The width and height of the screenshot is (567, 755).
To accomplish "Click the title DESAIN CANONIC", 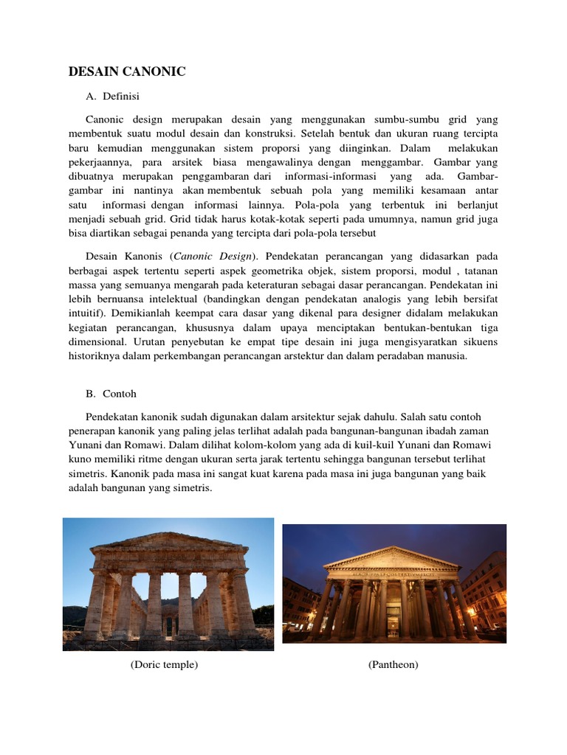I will click(x=127, y=72).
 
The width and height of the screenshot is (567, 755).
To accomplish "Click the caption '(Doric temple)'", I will click(x=164, y=664).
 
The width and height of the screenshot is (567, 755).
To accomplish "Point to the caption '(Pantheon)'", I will click(x=393, y=664).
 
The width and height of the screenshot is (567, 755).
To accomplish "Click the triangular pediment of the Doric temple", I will click(x=168, y=544).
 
